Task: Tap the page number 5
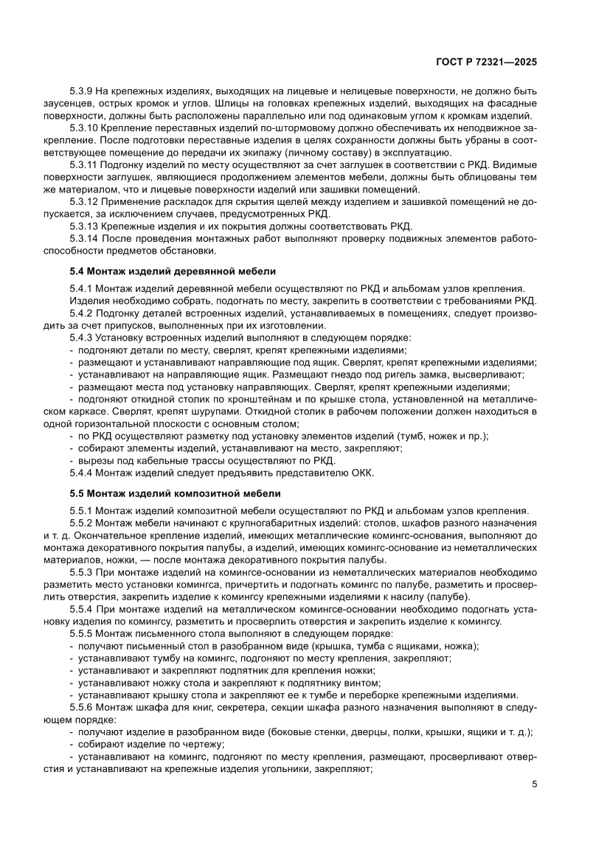pyautogui.click(x=534, y=784)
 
